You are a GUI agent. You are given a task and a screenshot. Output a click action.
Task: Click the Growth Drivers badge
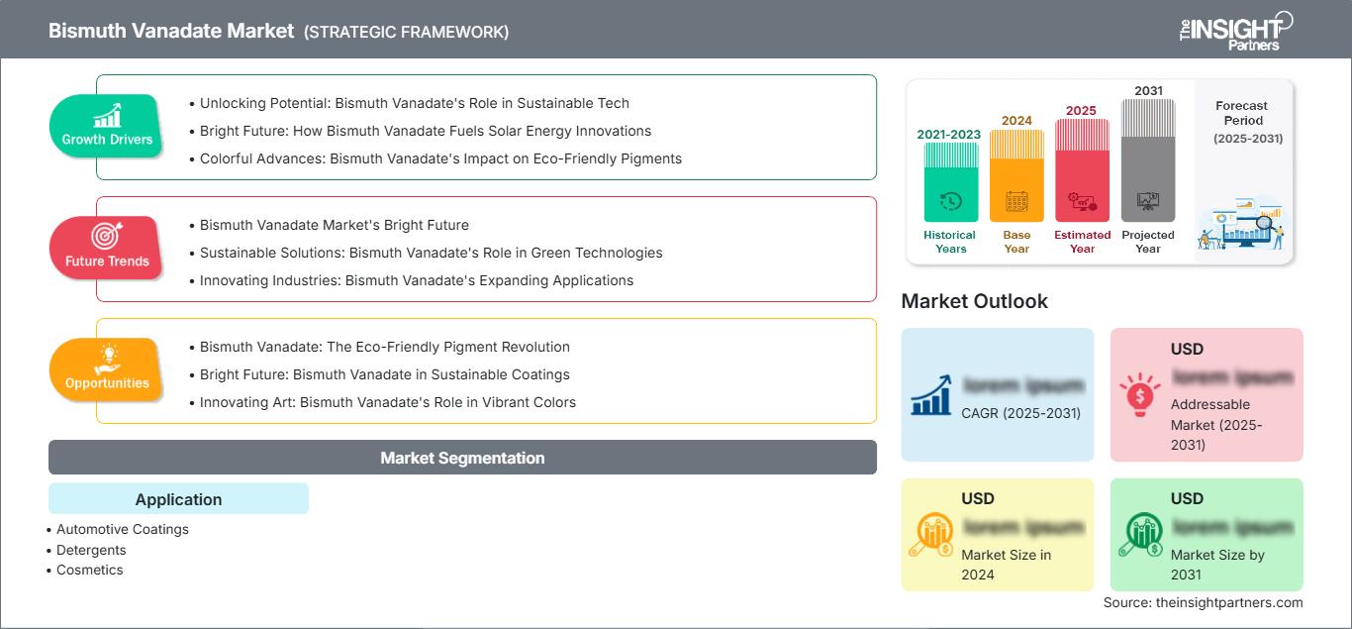(107, 126)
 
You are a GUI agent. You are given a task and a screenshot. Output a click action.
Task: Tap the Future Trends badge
(106, 248)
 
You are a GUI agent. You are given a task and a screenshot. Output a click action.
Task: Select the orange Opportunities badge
(106, 369)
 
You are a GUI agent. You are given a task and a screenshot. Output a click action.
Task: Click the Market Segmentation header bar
(462, 458)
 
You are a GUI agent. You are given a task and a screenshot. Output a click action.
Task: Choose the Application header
(178, 499)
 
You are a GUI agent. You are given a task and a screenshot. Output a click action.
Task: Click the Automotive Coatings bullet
(122, 529)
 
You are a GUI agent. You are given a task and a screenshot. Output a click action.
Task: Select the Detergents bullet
(91, 550)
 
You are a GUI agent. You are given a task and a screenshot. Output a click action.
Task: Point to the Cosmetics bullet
(89, 570)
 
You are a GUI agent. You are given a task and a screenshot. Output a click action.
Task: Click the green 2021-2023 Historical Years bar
(950, 182)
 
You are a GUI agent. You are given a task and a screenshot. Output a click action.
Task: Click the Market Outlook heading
(974, 301)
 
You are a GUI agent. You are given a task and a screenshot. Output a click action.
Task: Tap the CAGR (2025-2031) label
(1021, 413)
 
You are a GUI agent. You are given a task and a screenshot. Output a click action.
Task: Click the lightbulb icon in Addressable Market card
(1139, 395)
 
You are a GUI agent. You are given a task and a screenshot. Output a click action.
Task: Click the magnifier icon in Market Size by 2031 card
(1139, 536)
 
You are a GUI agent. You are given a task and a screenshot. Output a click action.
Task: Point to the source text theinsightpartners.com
(1203, 602)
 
